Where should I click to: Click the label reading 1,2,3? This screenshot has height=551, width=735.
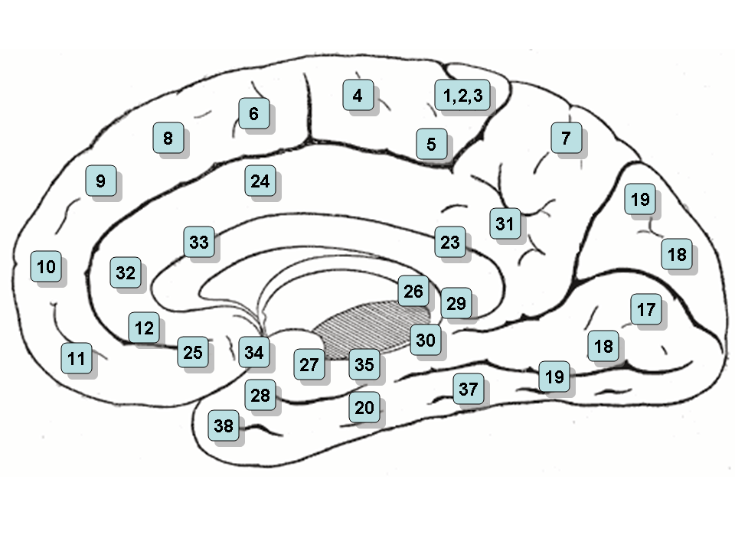(x=462, y=96)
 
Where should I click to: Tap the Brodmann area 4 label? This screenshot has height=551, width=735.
(x=358, y=96)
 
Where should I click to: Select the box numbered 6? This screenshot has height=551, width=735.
(x=254, y=114)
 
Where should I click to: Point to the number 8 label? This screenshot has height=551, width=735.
(x=168, y=139)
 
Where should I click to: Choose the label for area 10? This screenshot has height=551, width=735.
(x=46, y=267)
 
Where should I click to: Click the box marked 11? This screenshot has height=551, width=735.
(x=76, y=357)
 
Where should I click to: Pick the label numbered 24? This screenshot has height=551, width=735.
(x=260, y=181)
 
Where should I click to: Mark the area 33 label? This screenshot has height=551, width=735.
(x=198, y=243)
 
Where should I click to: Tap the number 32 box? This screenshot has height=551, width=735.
(x=126, y=272)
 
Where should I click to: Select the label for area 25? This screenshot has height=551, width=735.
(x=193, y=352)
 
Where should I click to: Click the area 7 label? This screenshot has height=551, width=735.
(x=566, y=139)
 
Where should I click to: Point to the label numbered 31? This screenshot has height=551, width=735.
(x=504, y=223)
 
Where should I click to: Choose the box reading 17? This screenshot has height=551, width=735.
(x=646, y=310)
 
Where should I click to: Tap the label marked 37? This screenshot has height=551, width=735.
(x=469, y=389)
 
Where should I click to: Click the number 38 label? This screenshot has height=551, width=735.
(x=224, y=425)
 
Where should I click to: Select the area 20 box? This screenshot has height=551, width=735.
(x=364, y=407)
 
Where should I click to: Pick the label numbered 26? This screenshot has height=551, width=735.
(x=413, y=291)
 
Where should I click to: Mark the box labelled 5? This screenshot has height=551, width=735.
(x=432, y=143)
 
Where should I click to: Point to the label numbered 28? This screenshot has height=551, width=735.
(x=260, y=395)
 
